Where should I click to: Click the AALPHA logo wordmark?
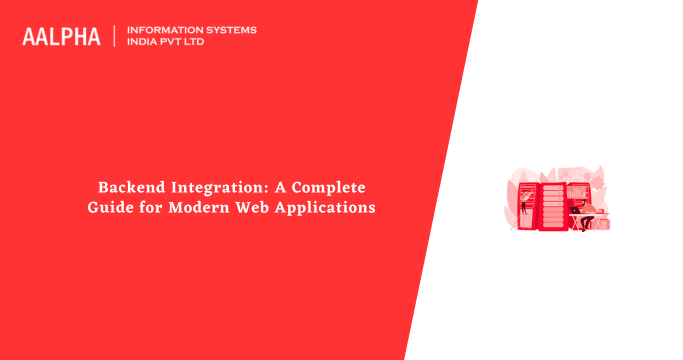(x=61, y=36)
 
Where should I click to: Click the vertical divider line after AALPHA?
(x=114, y=36)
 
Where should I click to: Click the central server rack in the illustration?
(x=553, y=205)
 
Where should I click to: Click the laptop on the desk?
(x=574, y=211)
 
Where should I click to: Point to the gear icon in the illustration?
(x=598, y=182)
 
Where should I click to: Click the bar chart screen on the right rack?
(x=576, y=192)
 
